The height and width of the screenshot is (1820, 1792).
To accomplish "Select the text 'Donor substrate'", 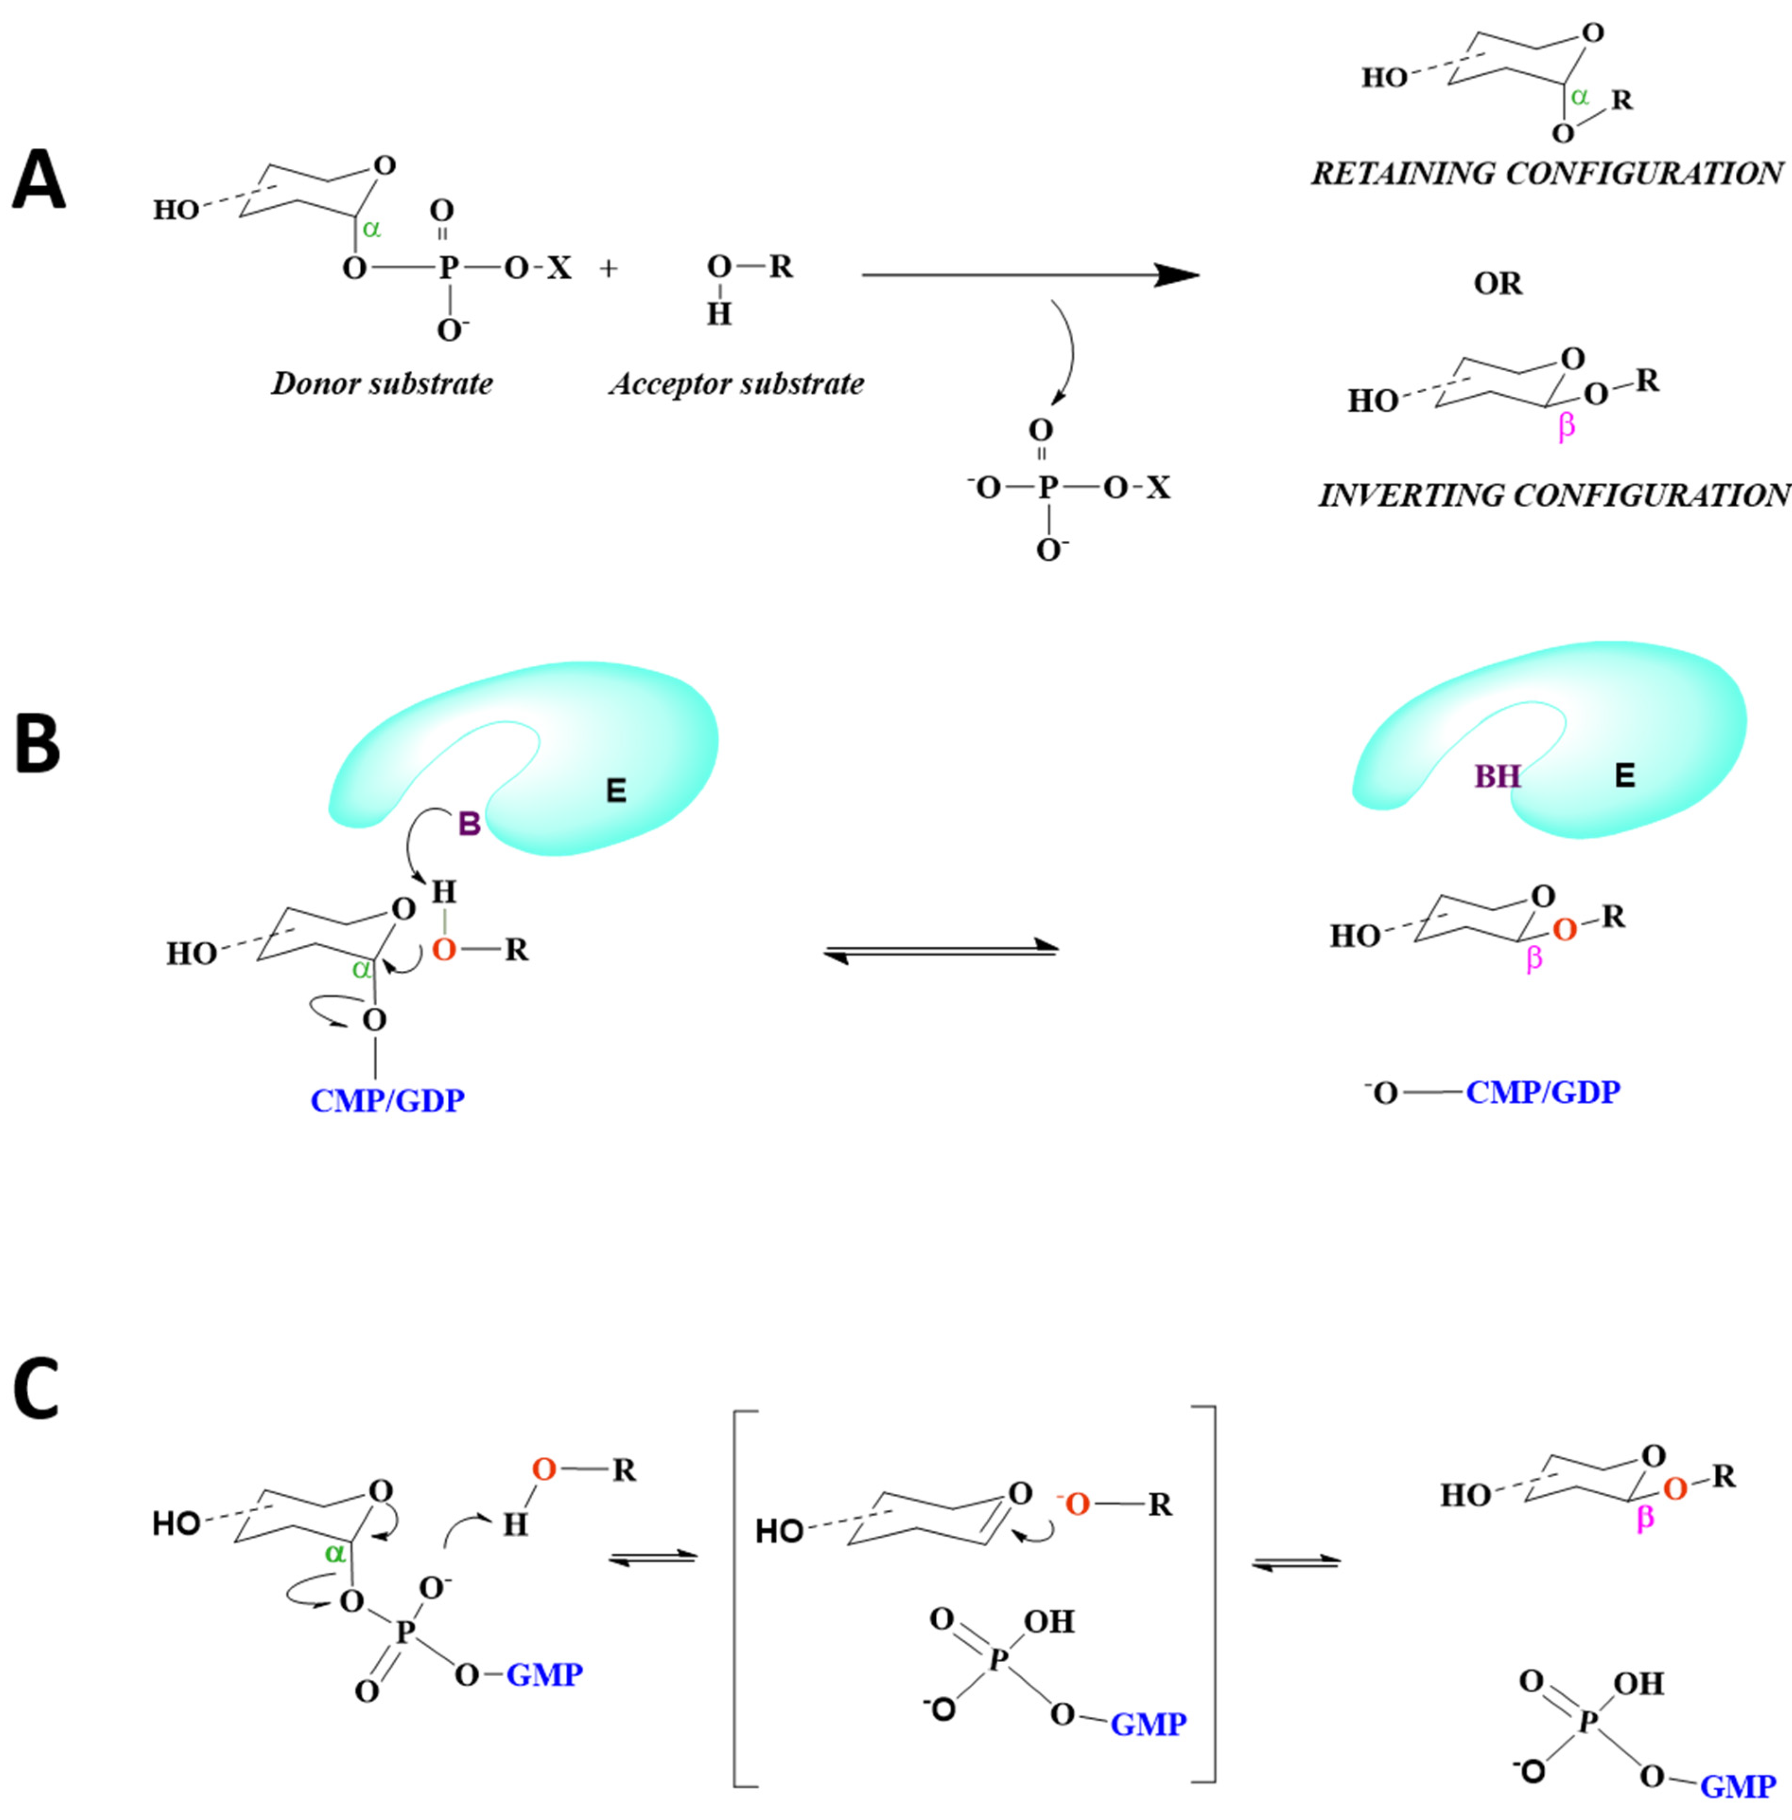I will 382,384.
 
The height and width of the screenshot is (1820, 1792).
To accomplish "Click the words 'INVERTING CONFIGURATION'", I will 1553,495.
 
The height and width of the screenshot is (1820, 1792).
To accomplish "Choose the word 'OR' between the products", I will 1497,283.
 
